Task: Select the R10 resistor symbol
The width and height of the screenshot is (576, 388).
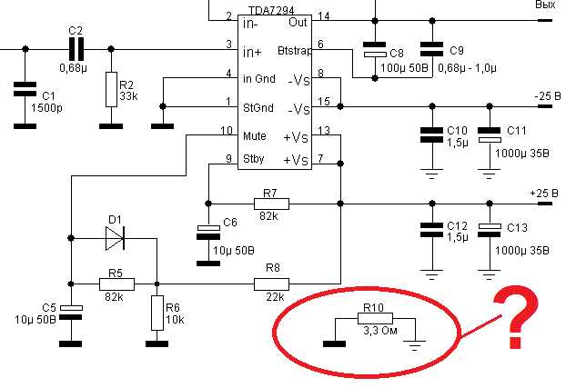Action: tap(375, 318)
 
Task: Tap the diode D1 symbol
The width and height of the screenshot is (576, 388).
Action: tap(115, 238)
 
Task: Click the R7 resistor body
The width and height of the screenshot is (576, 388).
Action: tap(271, 204)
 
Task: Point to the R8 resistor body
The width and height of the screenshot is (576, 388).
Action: tap(271, 284)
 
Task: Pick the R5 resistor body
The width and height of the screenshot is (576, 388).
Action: tap(116, 284)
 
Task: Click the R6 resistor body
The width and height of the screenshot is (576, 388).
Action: tap(157, 313)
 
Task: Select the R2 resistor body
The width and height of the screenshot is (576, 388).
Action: tap(111, 89)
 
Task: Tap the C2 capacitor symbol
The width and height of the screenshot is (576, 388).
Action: tap(76, 49)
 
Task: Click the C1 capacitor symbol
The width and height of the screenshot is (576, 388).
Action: tap(25, 89)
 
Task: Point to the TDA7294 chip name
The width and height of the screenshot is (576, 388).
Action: tap(271, 11)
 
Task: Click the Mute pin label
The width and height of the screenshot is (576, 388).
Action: tap(255, 136)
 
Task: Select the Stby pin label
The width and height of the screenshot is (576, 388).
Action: tap(254, 159)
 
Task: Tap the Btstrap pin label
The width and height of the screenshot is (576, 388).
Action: tap(295, 51)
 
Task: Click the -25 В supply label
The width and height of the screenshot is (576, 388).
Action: tap(548, 96)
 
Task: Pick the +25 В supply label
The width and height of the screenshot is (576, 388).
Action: tap(544, 194)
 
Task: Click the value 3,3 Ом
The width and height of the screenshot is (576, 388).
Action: tap(380, 331)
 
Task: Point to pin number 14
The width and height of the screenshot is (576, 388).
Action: tap(324, 16)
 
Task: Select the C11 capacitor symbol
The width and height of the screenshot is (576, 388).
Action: tap(490, 135)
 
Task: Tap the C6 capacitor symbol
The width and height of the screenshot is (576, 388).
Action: tap(208, 232)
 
